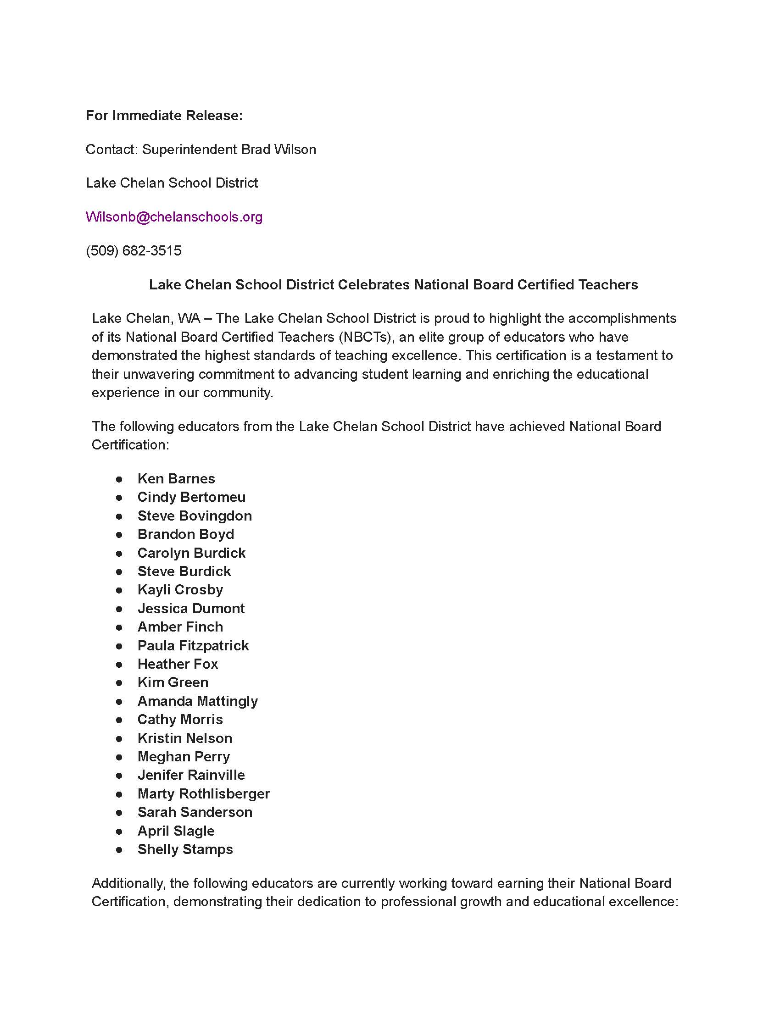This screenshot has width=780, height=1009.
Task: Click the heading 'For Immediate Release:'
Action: point(164,116)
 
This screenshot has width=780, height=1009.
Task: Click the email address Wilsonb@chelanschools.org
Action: point(174,216)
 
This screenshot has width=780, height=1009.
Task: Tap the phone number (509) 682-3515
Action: point(134,251)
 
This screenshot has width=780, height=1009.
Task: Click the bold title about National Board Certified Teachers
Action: point(393,285)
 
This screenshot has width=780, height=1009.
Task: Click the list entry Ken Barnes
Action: point(176,479)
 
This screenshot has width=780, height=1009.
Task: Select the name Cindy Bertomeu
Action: point(191,497)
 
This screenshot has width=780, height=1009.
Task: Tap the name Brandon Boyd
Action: point(186,534)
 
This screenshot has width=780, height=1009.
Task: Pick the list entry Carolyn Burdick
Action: point(191,553)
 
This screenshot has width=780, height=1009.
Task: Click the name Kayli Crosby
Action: point(180,590)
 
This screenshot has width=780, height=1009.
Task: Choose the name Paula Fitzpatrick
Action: point(193,645)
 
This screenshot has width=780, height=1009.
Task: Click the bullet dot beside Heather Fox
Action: point(119,665)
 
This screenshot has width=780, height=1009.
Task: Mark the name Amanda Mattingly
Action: point(197,701)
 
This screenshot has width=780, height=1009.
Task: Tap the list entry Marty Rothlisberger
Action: point(203,794)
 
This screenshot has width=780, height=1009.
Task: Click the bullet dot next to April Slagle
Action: point(119,832)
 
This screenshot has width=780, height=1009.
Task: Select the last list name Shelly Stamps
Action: point(185,849)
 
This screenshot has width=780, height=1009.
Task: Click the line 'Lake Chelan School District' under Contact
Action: point(172,183)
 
